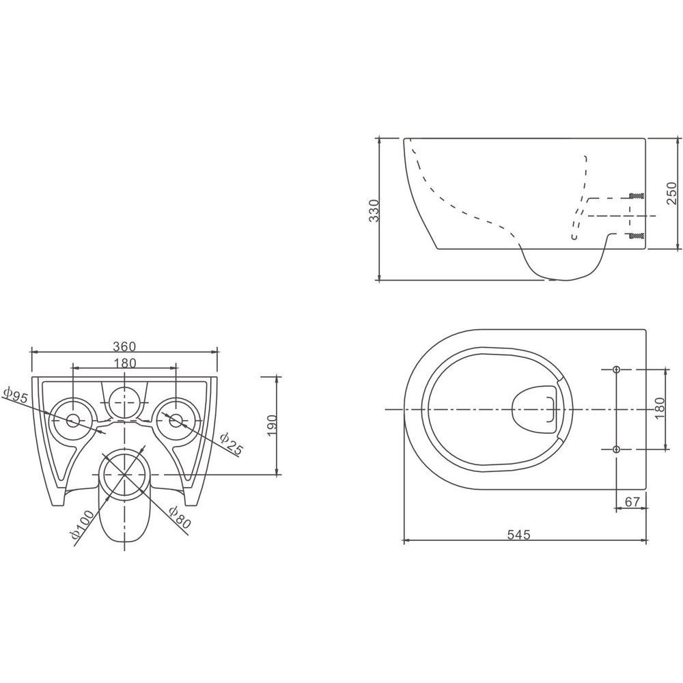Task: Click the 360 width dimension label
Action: point(124,347)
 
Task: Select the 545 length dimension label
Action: point(519,534)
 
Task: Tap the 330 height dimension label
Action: point(374,210)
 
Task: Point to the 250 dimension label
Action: point(671,193)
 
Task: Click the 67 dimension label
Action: point(632,502)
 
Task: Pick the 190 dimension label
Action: point(271,426)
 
